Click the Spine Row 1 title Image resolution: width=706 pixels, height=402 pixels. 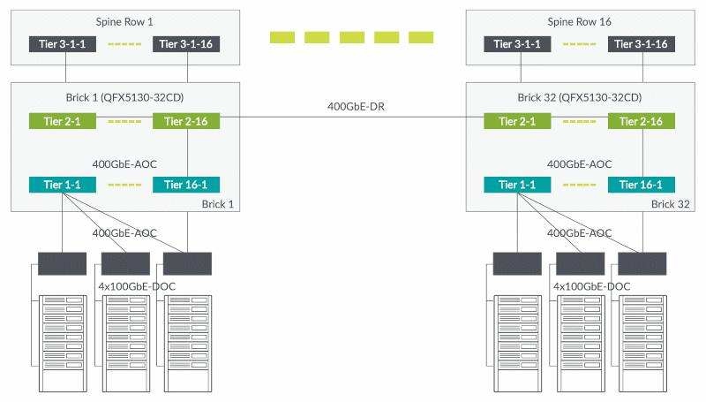pos(124,20)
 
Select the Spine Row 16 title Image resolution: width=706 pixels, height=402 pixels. pos(580,20)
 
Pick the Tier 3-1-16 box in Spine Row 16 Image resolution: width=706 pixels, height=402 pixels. pos(641,44)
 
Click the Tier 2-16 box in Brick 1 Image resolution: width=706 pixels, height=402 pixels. pos(186,121)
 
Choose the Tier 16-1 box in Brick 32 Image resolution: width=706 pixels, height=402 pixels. pos(641,185)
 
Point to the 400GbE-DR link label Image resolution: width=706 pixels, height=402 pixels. pos(356,107)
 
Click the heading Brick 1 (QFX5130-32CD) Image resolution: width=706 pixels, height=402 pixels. pos(124,96)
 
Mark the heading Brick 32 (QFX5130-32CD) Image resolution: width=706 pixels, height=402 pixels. pos(580,96)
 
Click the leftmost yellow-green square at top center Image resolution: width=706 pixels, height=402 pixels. pos(282,37)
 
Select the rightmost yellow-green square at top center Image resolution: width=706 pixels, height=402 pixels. pos(421,37)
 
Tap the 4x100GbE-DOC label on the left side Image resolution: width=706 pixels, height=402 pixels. pos(137,287)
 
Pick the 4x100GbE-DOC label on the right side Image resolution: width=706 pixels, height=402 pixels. pos(592,287)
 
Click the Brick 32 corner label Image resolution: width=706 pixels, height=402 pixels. pos(669,204)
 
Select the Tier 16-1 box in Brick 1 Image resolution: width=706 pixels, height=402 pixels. pos(186,185)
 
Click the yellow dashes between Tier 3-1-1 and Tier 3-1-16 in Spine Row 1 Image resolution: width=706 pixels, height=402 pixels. pos(124,44)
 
